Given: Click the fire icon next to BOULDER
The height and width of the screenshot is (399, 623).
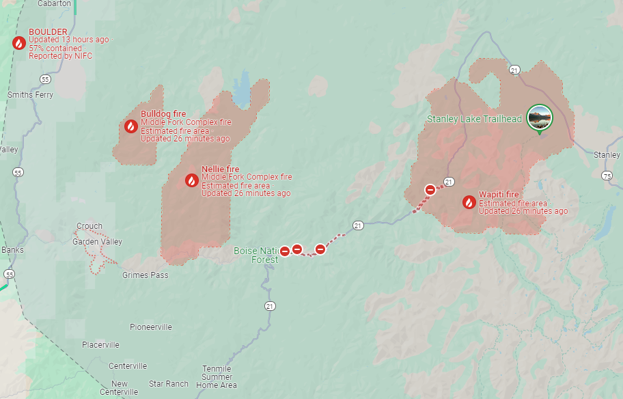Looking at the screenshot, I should (19, 43).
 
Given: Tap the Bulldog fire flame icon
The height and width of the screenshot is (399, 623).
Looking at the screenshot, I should (130, 126).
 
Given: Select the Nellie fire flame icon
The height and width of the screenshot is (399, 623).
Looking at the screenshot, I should (192, 180).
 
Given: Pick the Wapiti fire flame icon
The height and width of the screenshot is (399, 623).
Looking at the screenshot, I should (469, 202).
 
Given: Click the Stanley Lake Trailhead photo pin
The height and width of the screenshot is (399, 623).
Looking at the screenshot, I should (540, 118).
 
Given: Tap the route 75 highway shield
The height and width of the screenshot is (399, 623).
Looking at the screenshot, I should (607, 176).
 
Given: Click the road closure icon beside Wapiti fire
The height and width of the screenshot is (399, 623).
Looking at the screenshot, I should (430, 190).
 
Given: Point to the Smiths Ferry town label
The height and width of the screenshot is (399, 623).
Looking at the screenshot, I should (31, 95).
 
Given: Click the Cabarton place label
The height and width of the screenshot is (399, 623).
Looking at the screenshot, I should (54, 3).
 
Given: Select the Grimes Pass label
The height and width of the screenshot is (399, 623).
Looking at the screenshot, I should (145, 275).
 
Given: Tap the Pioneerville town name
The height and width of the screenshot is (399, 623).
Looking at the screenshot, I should (151, 327).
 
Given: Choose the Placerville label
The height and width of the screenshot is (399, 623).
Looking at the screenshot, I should (100, 345).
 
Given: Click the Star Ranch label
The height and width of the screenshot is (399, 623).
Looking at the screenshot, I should (168, 384).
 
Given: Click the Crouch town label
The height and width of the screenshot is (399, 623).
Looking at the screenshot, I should (89, 226).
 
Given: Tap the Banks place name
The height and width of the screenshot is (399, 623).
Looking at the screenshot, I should (12, 250).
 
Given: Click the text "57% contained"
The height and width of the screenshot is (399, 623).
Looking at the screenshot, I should (55, 49).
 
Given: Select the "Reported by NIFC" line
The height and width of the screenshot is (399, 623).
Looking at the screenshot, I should (60, 56).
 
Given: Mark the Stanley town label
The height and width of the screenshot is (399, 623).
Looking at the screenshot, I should (607, 155).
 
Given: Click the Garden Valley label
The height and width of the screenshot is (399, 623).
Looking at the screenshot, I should (97, 242).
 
